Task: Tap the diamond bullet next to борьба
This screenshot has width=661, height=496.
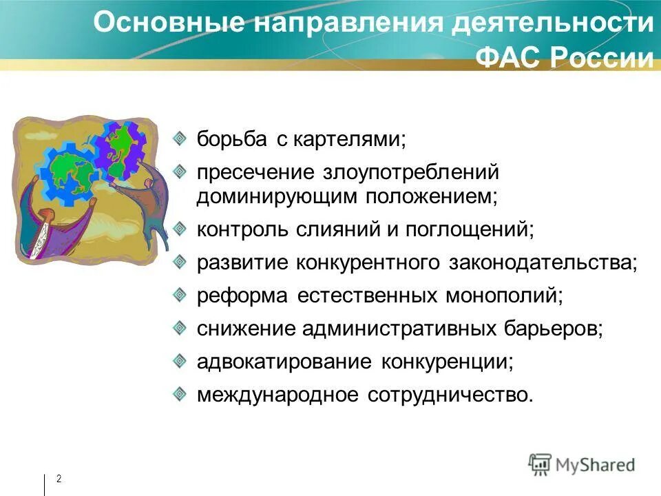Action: pos(179,138)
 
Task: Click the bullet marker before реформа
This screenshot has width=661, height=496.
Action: pos(179,294)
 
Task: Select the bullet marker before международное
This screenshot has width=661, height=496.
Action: pos(179,393)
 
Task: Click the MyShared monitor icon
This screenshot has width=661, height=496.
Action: pos(541,464)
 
